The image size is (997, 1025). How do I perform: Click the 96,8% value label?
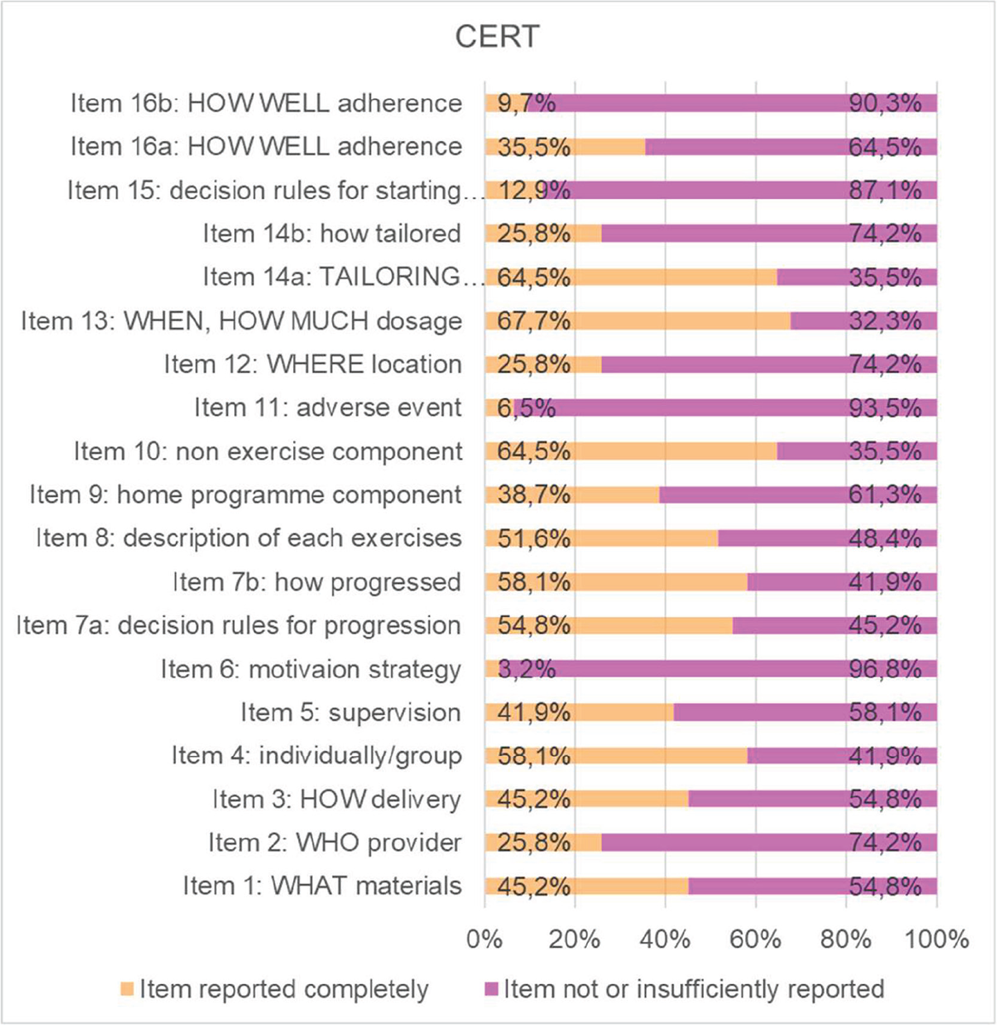coord(885,670)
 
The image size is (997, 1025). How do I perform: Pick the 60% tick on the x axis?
coord(756,940)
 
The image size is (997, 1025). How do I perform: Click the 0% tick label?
coord(484,940)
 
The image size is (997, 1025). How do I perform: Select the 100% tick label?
coord(936,940)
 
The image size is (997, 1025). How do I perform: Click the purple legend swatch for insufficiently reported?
coord(490,990)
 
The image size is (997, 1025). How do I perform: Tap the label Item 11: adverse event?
coord(328,408)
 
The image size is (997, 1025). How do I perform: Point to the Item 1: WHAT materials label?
coord(322,887)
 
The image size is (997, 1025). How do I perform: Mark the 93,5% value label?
coord(885,408)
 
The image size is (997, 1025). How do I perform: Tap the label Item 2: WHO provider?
coord(335,843)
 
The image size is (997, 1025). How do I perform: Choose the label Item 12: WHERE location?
coord(313,365)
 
